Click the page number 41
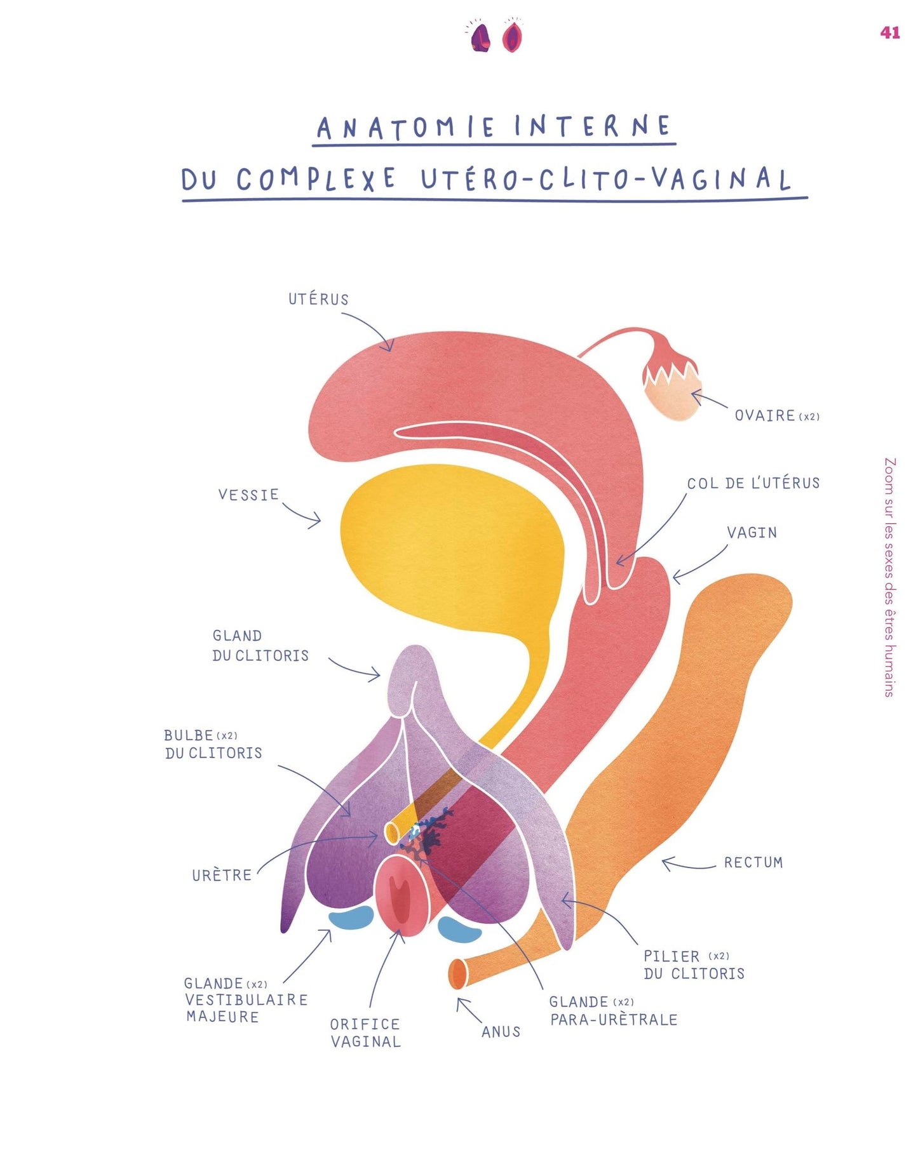[889, 32]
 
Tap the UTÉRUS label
[318, 299]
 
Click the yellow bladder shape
[451, 546]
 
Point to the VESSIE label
[248, 495]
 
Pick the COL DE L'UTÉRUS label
[753, 483]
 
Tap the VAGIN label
[752, 533]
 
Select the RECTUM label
[753, 862]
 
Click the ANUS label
[501, 1032]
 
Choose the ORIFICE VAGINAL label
[365, 1033]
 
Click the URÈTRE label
[222, 875]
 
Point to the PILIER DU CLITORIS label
[693, 965]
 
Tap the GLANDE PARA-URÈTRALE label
[613, 1011]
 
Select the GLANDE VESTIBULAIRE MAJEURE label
[246, 1000]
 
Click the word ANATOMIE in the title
[406, 128]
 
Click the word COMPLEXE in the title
[316, 180]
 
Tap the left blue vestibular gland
[351, 919]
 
